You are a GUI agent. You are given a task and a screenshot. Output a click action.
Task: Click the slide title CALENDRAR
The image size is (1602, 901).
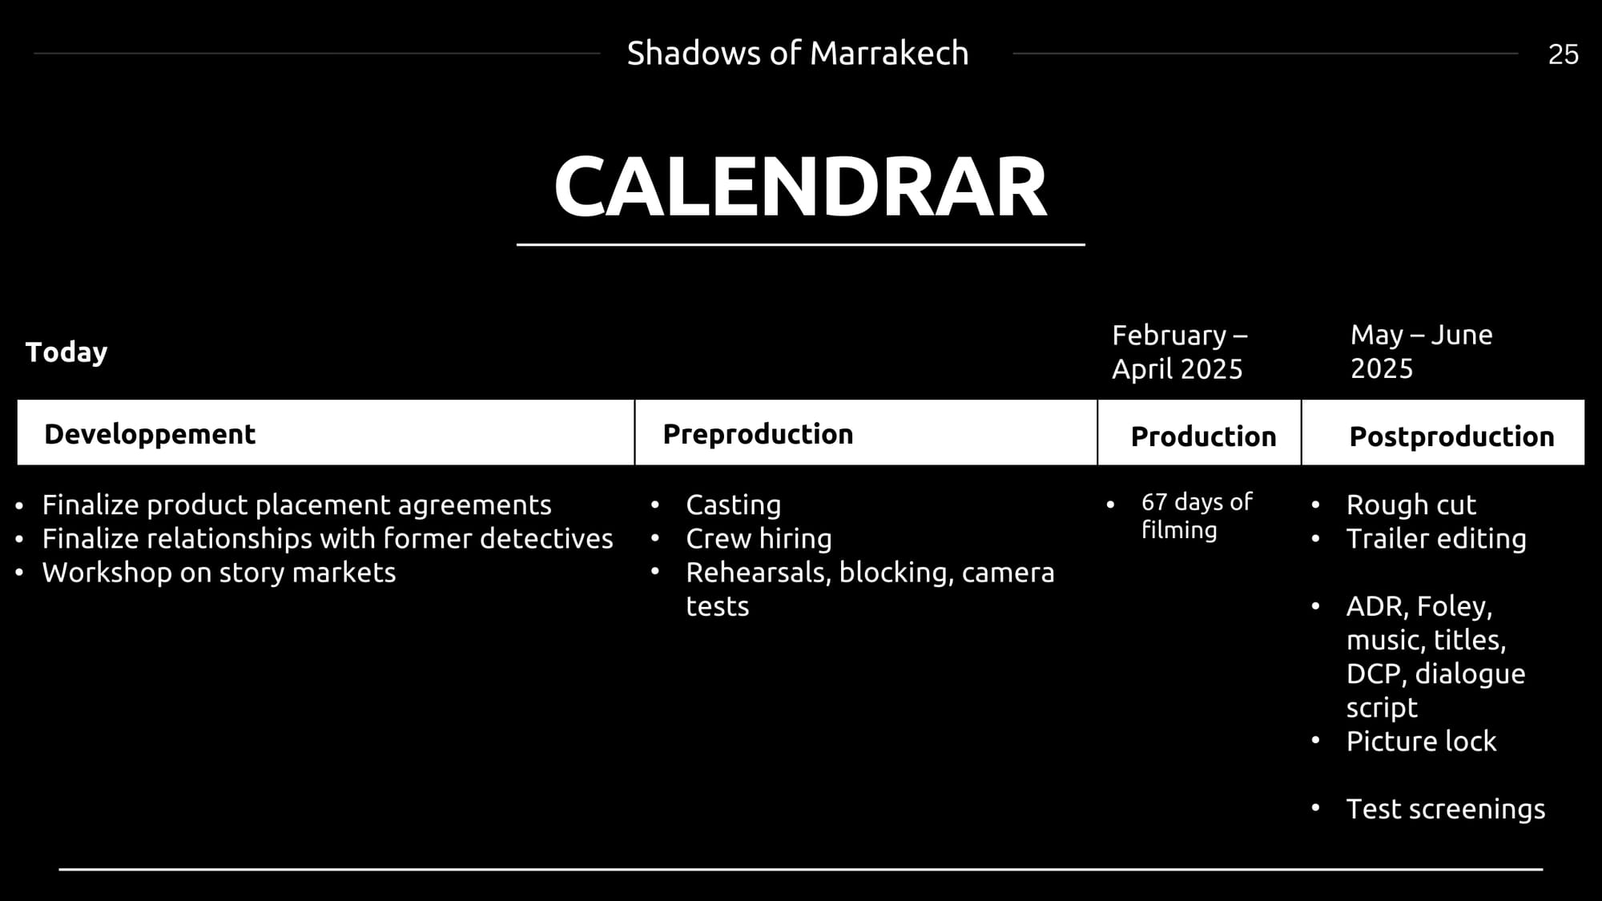[800, 187]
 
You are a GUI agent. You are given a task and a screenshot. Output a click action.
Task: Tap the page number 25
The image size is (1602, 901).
[1563, 54]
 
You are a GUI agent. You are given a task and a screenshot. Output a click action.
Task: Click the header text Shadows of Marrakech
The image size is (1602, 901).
[797, 54]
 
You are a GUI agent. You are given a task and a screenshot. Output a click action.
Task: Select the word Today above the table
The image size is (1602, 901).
[66, 352]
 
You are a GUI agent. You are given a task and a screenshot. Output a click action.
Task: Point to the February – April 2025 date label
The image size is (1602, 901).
[1178, 352]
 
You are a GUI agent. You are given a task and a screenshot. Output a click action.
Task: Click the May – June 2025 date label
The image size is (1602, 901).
[1421, 352]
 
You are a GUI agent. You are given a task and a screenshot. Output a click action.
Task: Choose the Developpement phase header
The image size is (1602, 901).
[150, 434]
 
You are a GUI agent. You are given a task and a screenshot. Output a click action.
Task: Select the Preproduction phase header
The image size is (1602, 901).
[758, 434]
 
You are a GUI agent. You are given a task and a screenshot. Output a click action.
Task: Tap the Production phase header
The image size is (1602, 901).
[1203, 436]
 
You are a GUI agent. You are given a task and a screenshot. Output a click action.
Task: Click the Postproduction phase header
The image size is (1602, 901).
[1451, 436]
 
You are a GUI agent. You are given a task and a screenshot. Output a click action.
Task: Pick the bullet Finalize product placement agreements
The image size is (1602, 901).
[296, 505]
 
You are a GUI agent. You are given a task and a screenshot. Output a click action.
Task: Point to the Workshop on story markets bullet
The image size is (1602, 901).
[219, 573]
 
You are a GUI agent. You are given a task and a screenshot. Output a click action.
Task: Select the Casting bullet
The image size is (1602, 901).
[733, 505]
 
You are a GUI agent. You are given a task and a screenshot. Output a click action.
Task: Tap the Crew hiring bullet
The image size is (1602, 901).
[759, 539]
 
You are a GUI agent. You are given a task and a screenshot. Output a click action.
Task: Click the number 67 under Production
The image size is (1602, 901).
[1154, 502]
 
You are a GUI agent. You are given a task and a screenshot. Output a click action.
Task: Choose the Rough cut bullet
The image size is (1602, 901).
[1411, 505]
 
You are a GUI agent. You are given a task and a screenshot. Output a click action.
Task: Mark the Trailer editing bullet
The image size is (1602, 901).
[1436, 539]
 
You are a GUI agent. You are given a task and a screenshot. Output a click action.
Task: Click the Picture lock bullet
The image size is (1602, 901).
[1421, 742]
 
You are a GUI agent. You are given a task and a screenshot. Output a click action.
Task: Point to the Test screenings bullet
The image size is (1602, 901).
[1446, 809]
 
